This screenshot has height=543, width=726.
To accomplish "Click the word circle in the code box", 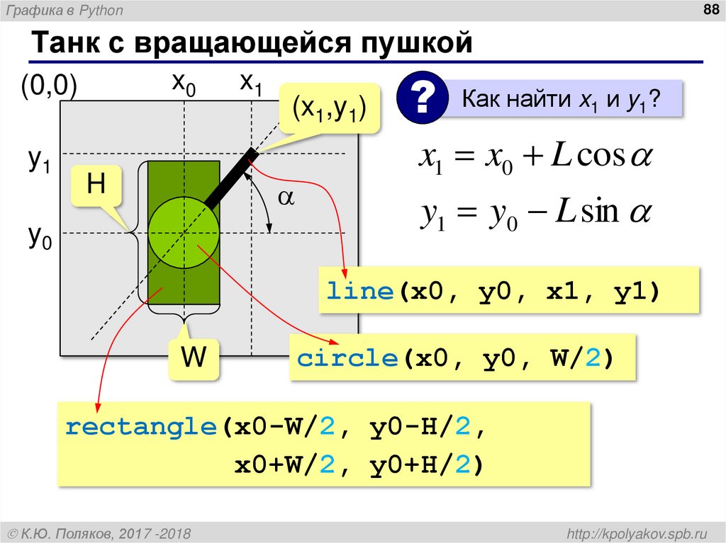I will click(x=347, y=358).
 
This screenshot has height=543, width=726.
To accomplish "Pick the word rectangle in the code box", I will click(x=140, y=428).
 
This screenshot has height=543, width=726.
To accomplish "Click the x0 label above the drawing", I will click(x=184, y=84).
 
